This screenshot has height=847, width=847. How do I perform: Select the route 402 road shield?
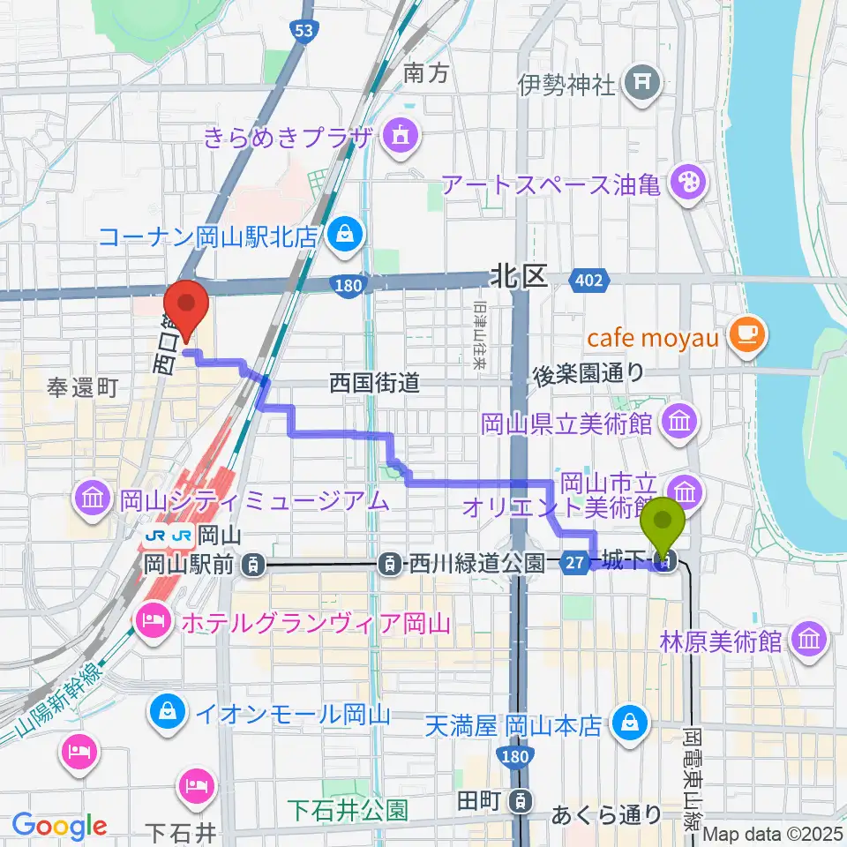[x=589, y=281]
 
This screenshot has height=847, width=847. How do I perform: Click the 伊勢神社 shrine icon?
[x=639, y=85]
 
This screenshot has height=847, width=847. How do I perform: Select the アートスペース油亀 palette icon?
[x=684, y=184]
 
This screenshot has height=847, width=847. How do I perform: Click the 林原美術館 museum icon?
[x=806, y=639]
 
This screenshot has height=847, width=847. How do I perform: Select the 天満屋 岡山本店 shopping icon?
[x=630, y=723]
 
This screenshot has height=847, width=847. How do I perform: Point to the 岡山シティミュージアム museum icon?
[x=93, y=499]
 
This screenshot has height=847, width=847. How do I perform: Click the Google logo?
[x=59, y=826]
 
